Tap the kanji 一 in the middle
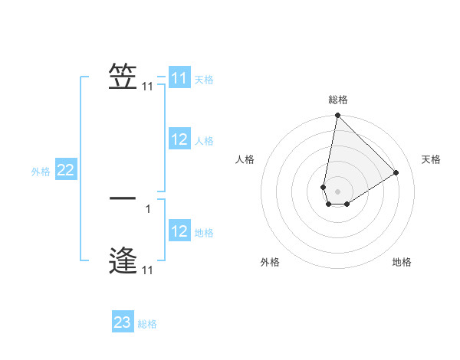point(123,198)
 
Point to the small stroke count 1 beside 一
point(148,208)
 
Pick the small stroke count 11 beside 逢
point(147,270)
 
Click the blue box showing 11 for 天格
point(179,78)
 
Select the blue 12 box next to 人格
point(179,139)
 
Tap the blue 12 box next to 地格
point(179,231)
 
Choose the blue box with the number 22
point(65,170)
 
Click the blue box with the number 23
point(123,322)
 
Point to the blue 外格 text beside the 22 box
point(41,172)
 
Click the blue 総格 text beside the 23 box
point(147,324)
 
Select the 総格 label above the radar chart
point(337,100)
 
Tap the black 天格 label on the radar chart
point(431,159)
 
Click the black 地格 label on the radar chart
point(402,263)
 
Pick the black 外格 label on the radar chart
point(270,263)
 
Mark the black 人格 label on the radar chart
point(245,159)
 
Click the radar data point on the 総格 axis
point(337,116)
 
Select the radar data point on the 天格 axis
point(396,172)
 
